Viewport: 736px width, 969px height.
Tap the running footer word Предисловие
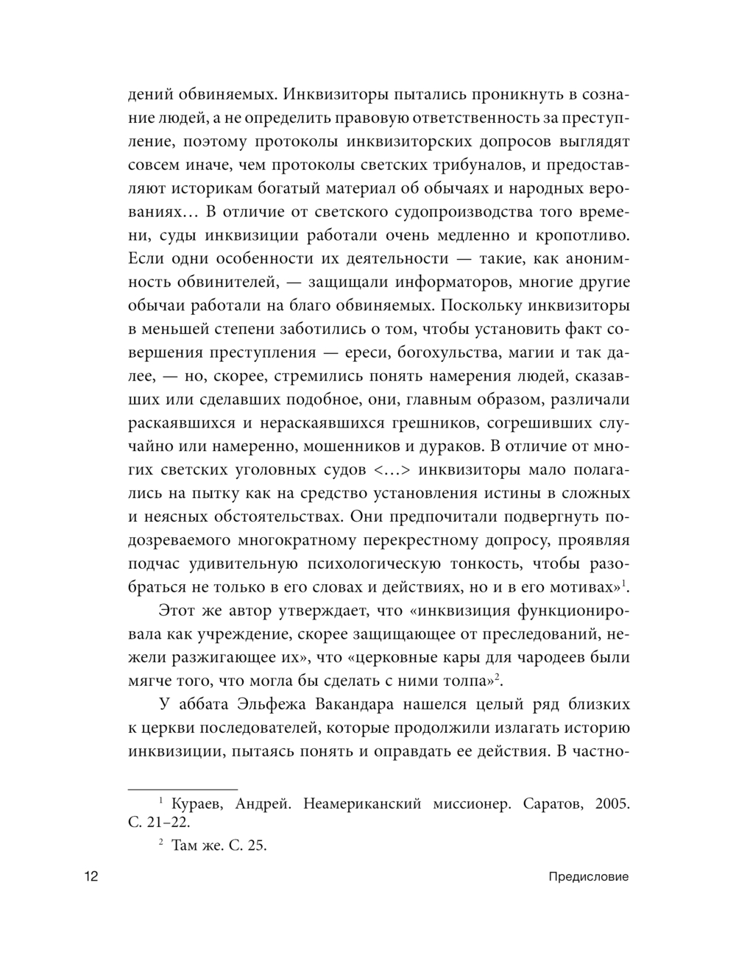[588, 877]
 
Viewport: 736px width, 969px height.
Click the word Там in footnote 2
[185, 845]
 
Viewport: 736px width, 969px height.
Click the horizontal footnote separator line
[183, 788]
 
